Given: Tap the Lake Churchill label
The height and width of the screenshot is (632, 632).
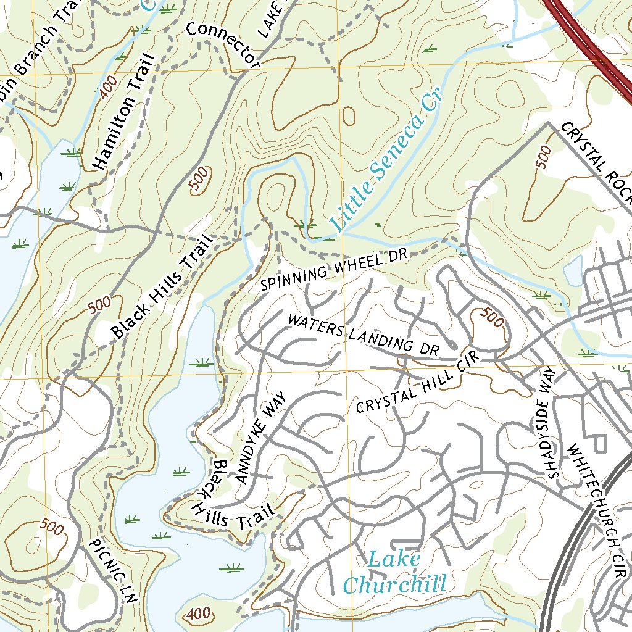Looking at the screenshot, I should click(394, 573).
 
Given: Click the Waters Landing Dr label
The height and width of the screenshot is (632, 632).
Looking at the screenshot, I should click(363, 335).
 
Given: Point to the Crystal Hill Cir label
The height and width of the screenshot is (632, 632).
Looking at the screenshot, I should click(409, 388).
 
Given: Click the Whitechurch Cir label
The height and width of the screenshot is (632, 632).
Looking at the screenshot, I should click(597, 505).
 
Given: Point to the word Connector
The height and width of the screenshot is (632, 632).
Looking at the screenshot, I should click(222, 44).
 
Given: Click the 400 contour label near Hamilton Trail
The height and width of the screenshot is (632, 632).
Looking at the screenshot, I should click(106, 89).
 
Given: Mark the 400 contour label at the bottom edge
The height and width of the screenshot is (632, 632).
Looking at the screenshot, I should click(197, 614).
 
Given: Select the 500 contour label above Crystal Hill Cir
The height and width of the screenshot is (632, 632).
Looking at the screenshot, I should click(491, 317).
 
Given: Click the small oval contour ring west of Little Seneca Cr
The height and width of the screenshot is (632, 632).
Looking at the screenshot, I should click(349, 115).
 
